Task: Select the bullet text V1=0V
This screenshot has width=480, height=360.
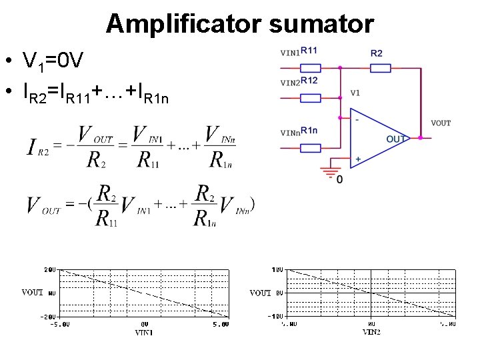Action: (53, 63)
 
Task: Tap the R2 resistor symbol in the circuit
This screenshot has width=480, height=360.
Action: (380, 67)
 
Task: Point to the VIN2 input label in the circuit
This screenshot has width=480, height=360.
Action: (289, 83)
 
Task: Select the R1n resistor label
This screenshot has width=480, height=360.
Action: (309, 130)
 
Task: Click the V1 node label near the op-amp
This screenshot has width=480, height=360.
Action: (355, 93)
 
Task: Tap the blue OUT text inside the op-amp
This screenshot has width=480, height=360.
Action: (395, 139)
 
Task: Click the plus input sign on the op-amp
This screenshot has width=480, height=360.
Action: (358, 159)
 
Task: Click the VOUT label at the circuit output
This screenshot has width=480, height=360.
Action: (441, 123)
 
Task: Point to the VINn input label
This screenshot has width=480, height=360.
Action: (289, 133)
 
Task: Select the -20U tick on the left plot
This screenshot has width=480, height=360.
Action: (48, 315)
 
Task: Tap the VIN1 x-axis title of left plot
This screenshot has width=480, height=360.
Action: (143, 331)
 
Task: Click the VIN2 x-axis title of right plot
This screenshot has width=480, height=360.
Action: (372, 331)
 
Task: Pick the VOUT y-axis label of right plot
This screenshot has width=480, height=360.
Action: (260, 293)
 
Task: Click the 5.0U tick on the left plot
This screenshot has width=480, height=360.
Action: (221, 324)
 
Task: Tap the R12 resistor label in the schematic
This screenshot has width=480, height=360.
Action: (309, 81)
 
